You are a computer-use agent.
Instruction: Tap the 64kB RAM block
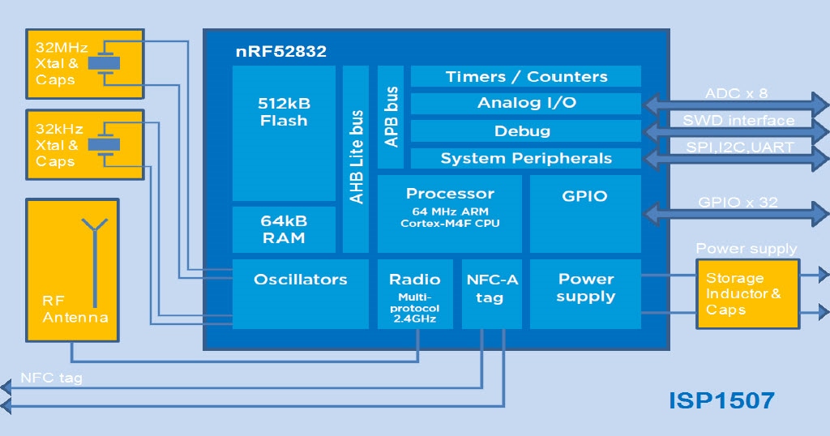point(284,229)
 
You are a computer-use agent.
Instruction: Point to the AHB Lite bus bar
point(356,159)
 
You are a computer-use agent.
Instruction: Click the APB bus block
point(391,117)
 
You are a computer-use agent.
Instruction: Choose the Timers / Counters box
point(526,77)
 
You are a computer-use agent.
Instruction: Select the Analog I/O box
point(526,104)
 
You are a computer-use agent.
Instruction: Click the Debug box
point(526,131)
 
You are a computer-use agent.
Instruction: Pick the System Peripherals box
point(526,159)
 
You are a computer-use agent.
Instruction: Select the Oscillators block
point(300,293)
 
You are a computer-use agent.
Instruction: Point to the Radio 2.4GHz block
point(414,294)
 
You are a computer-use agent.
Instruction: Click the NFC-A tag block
point(492,294)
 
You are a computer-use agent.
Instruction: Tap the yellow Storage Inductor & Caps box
point(747,293)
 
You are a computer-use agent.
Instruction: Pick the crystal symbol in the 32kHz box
point(104,143)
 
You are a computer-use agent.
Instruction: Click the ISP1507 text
point(721,400)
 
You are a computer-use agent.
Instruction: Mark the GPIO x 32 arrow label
point(738,203)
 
